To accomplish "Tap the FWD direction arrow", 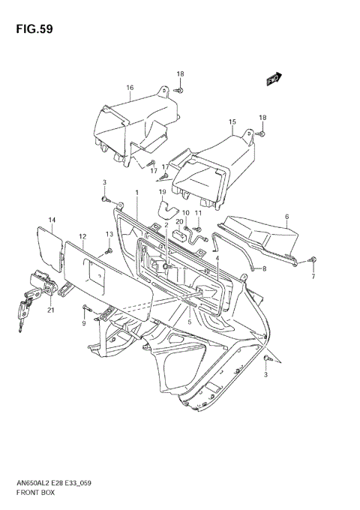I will (x=273, y=78).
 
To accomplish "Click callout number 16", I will (x=130, y=88).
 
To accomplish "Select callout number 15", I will (x=232, y=121).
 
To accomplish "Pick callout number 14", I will (x=52, y=220).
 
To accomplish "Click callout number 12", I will (x=82, y=236).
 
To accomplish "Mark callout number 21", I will (x=50, y=310).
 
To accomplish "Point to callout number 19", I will (x=162, y=192).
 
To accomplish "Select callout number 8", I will (x=264, y=268).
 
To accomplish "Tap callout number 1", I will (x=137, y=193).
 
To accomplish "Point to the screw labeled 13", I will (x=109, y=248).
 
